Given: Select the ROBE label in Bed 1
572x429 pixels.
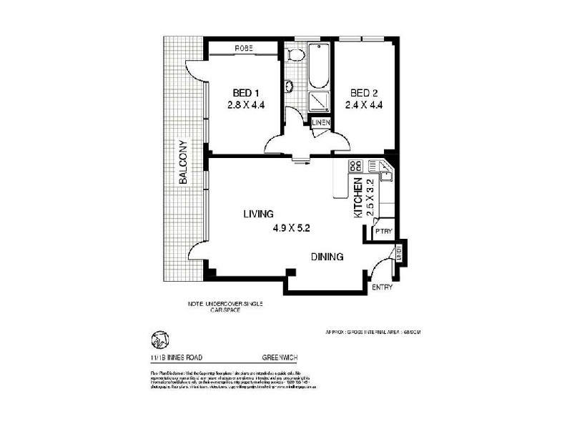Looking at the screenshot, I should [x=243, y=49].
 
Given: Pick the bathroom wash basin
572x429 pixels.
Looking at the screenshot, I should [x=289, y=87].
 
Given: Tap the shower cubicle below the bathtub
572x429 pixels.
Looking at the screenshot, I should [x=319, y=102].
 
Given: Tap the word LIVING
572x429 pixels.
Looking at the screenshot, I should [x=258, y=214].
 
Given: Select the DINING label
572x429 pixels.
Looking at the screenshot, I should [x=327, y=257].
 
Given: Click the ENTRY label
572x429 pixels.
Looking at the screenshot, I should [x=382, y=287].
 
